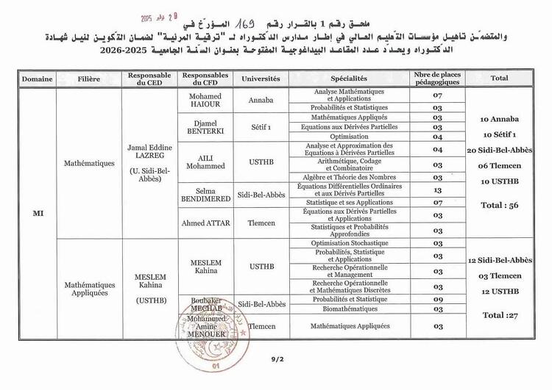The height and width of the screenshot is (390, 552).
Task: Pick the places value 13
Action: [437, 189]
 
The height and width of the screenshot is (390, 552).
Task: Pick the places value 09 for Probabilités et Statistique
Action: [437, 300]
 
